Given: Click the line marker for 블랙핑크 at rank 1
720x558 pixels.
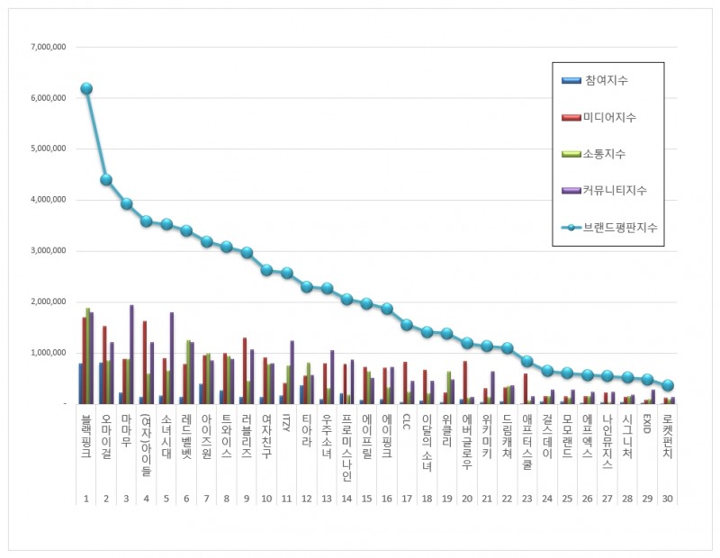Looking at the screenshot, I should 86,88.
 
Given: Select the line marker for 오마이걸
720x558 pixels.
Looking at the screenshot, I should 106,179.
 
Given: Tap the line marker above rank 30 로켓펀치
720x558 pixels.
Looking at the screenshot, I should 668,385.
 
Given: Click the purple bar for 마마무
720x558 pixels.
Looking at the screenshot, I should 131,355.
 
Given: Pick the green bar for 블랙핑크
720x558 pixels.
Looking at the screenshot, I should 88,356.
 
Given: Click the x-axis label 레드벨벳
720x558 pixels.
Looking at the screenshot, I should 186,437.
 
